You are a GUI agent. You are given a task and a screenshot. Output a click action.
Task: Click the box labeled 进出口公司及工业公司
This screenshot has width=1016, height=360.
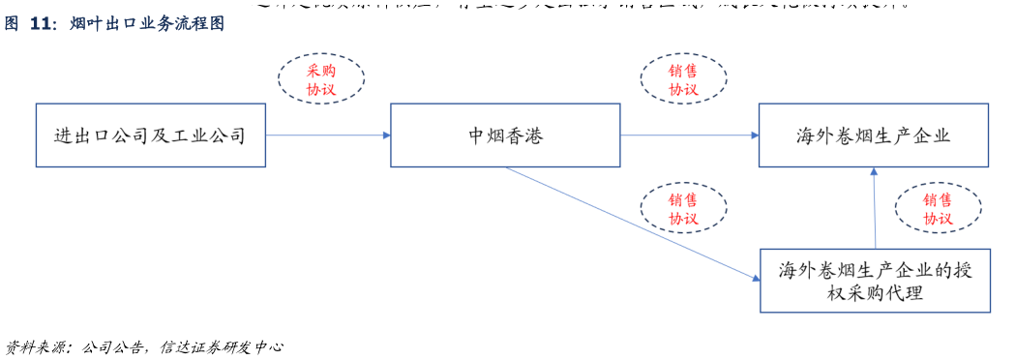150,135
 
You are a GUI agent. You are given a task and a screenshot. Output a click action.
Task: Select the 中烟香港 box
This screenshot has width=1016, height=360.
505,135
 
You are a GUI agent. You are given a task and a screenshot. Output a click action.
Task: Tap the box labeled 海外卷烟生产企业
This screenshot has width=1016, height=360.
874,135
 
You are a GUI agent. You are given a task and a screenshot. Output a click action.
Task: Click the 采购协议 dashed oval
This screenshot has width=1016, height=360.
320,79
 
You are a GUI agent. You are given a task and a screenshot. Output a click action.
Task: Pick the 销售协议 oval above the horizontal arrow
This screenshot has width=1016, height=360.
682,79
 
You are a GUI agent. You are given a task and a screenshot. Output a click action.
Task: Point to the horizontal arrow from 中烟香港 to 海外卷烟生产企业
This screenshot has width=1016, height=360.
689,135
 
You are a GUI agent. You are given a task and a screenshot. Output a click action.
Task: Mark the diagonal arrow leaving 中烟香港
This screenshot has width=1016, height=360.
629,222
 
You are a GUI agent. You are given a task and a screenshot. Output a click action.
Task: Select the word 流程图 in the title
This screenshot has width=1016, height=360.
199,23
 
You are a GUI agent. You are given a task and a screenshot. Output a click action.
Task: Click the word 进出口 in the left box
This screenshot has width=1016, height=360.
82,135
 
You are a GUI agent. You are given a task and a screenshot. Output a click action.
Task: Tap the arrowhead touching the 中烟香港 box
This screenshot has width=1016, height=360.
386,135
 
